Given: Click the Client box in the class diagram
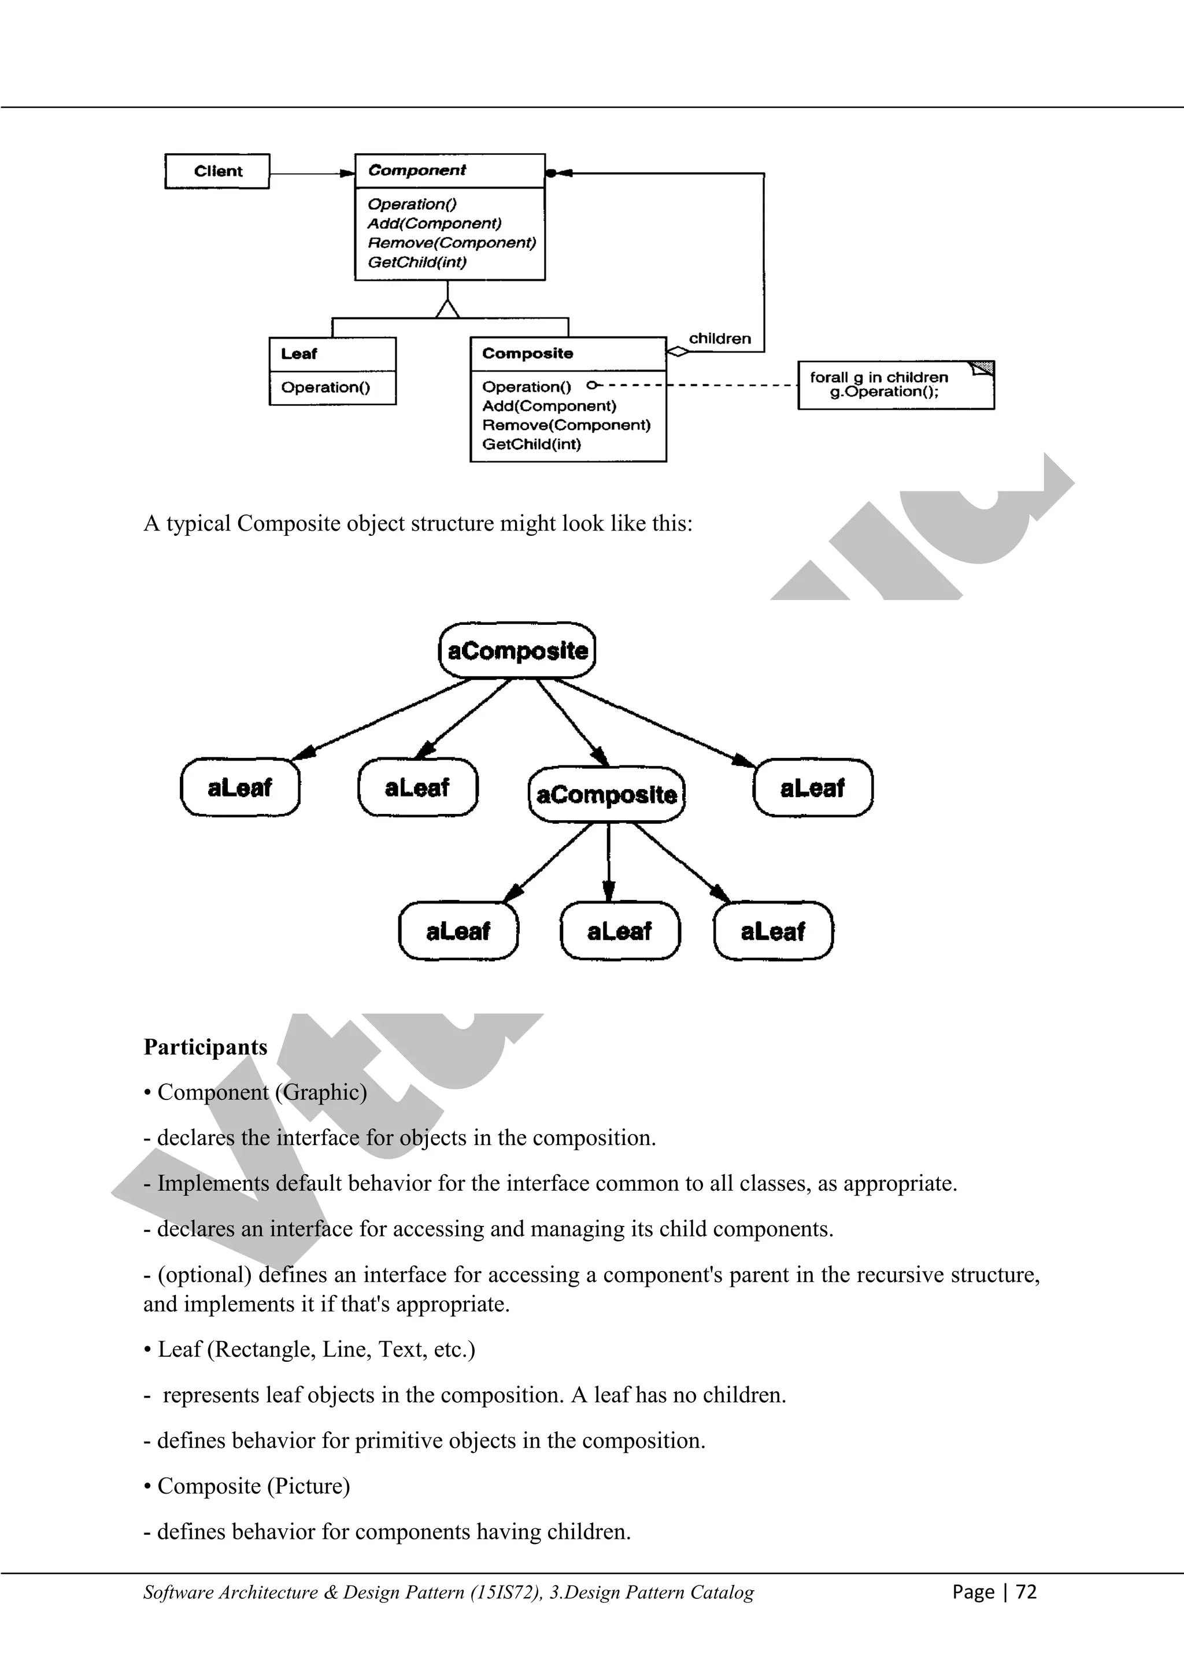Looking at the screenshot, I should coord(217,171).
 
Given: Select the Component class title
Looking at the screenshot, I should coord(416,171).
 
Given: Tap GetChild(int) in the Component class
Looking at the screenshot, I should coord(416,262).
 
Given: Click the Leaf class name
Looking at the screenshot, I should coord(299,354).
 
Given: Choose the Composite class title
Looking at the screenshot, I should coord(527,354).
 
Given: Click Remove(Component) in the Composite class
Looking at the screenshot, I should coord(566,425).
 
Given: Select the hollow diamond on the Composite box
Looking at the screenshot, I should coord(678,351).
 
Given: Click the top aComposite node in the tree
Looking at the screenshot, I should coord(517,650).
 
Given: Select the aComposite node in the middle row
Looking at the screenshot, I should coord(606,794).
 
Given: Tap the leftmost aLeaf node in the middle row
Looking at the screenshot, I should coord(239,787).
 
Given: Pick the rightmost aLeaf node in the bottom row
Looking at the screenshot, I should coord(773,931).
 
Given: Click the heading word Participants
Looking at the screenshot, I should coord(206,1047).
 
